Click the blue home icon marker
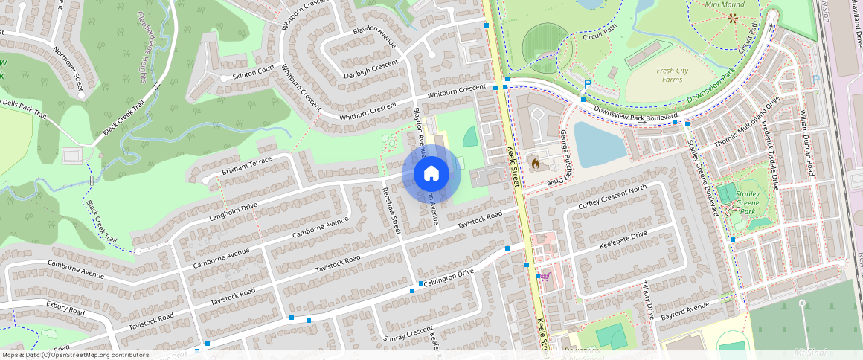coord(431,174)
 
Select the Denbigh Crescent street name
coord(371,65)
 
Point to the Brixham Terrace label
coord(248,165)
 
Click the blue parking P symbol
coord(587,85)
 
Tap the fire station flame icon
coord(534,161)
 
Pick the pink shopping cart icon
coord(545,277)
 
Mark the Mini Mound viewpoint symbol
coord(734,19)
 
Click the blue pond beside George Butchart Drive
coord(599,144)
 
